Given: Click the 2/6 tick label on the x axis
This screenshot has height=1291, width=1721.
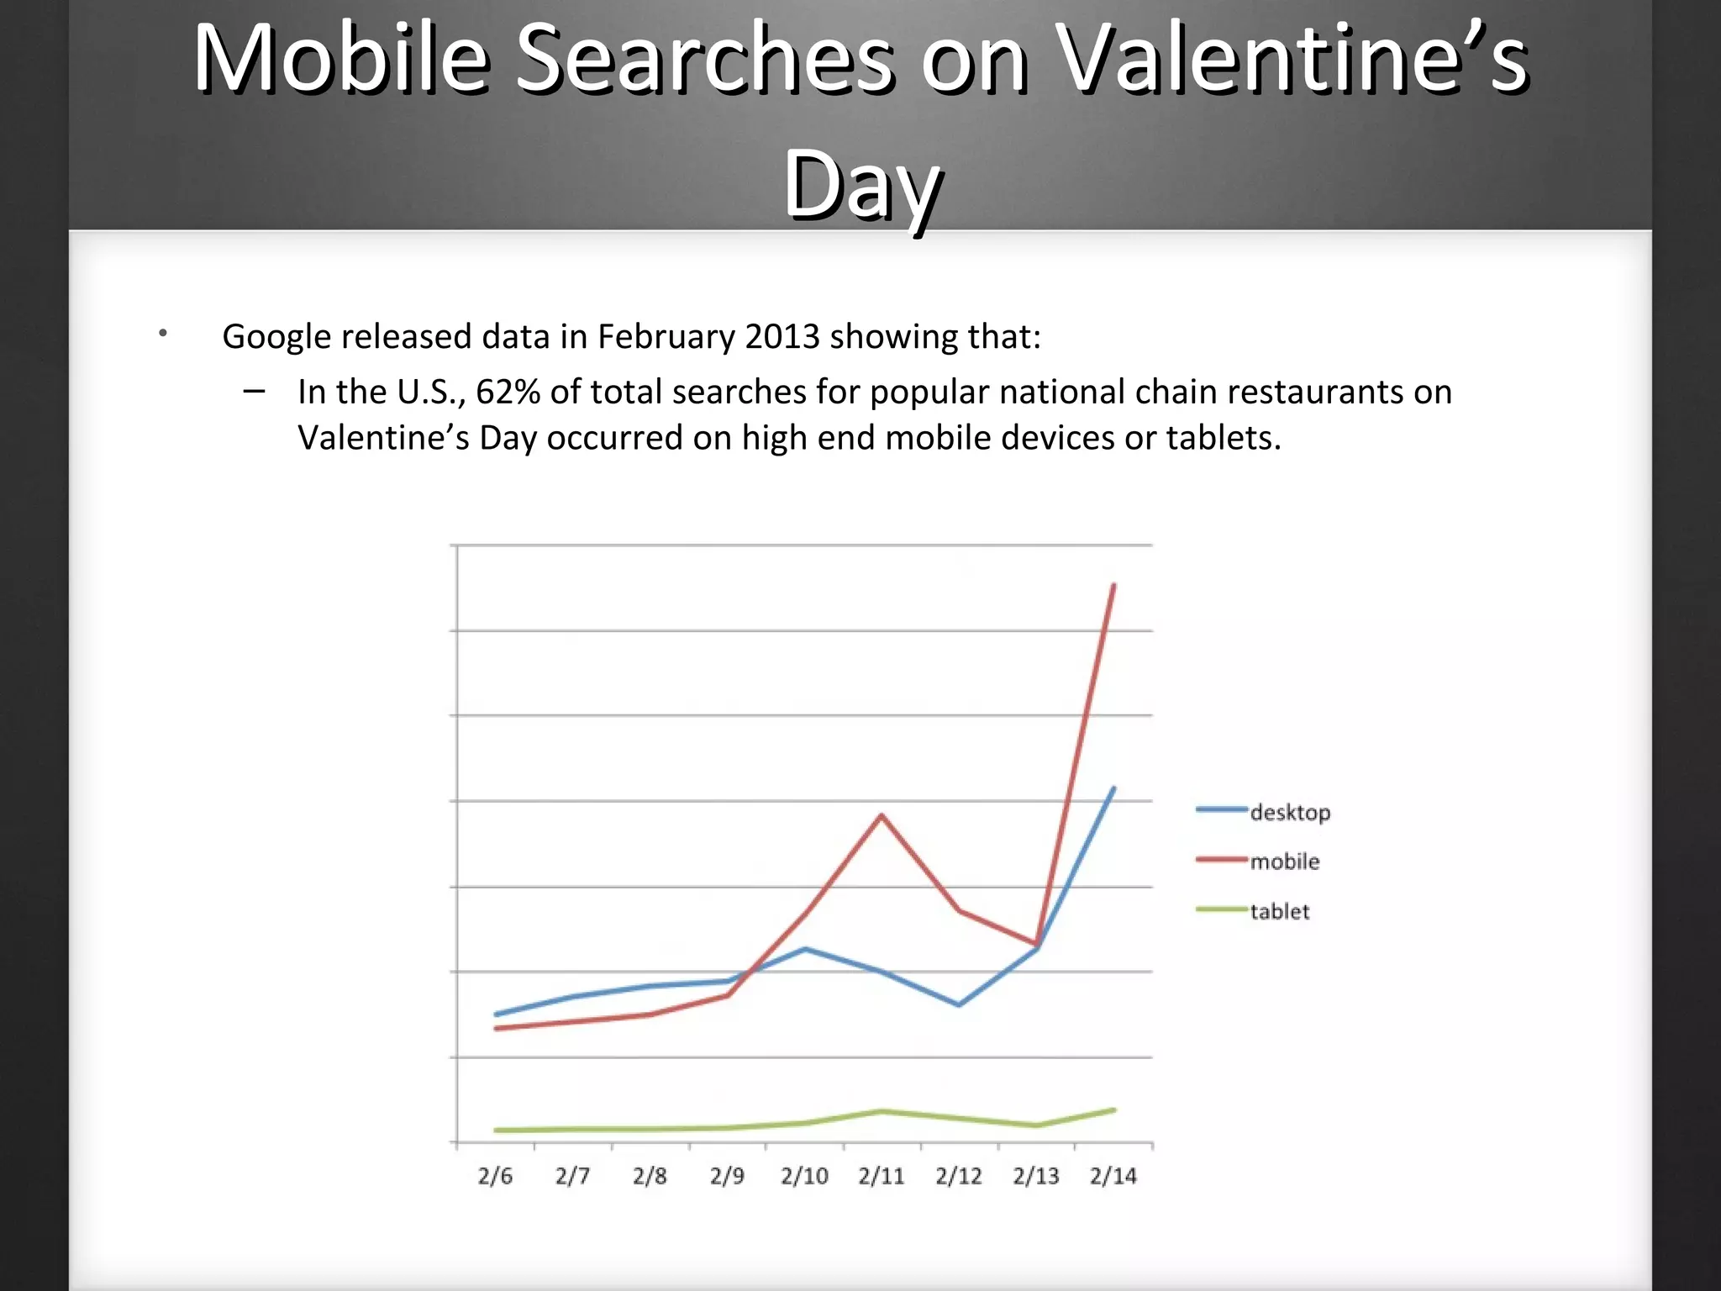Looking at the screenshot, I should (x=495, y=1176).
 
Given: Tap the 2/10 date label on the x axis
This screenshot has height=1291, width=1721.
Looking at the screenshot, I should (x=804, y=1176).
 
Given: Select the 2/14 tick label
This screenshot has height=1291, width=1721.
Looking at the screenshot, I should (x=1113, y=1176).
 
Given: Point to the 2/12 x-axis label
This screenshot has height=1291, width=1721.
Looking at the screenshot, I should (x=959, y=1176).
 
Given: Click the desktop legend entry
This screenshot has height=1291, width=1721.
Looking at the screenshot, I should (x=1290, y=813).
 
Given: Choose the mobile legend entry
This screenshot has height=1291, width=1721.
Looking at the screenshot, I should (x=1284, y=862).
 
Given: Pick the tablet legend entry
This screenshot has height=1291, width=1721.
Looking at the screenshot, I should (x=1279, y=911).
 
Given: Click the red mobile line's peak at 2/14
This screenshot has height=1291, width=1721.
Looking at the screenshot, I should (x=1113, y=585).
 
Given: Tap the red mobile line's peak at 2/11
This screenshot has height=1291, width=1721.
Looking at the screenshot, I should (x=882, y=815).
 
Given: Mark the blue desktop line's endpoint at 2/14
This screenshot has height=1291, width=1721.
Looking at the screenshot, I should (x=1113, y=788).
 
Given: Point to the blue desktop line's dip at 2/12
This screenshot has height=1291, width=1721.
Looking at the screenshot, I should (x=959, y=1004).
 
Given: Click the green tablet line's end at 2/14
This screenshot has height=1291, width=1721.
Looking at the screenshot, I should (x=1113, y=1110).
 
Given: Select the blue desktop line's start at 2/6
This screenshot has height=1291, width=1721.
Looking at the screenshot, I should (x=496, y=1014).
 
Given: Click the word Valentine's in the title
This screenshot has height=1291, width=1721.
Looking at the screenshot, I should (x=1291, y=59).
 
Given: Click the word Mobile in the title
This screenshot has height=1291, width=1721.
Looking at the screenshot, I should (x=341, y=59).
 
